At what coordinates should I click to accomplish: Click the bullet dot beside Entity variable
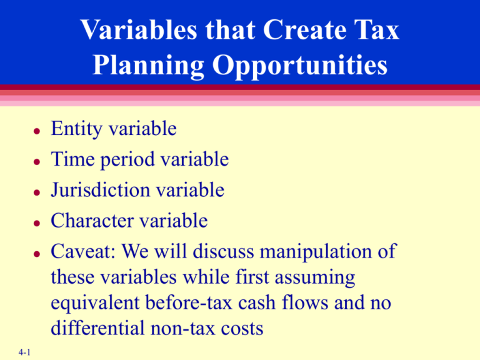[37, 132]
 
